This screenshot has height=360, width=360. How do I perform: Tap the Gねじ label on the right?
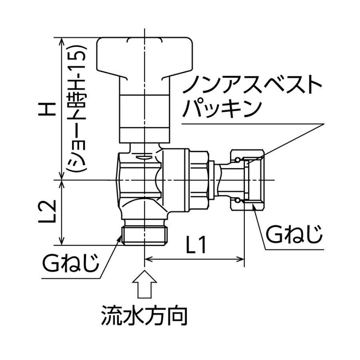[294, 235]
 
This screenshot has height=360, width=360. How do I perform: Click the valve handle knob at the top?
[144, 56]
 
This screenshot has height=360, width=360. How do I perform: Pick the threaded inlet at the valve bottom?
[144, 236]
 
